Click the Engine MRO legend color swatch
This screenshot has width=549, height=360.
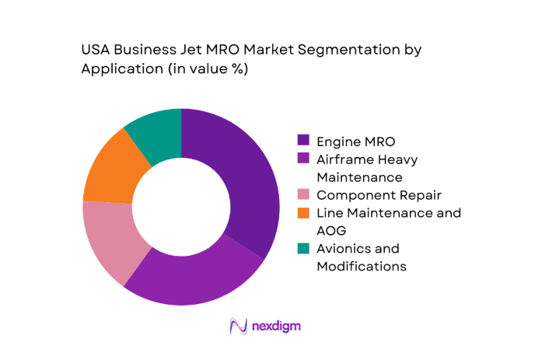click(303, 141)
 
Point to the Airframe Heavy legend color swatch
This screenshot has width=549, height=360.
click(303, 159)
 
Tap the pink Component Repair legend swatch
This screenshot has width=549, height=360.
click(303, 195)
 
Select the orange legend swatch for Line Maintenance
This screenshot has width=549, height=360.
click(303, 213)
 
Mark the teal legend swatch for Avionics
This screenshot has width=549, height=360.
click(303, 249)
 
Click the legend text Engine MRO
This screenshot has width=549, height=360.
click(355, 141)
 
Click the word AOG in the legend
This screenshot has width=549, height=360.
click(331, 230)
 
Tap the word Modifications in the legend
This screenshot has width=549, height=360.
click(361, 266)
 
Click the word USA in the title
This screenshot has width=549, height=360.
click(96, 51)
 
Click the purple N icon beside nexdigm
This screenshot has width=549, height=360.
click(238, 327)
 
